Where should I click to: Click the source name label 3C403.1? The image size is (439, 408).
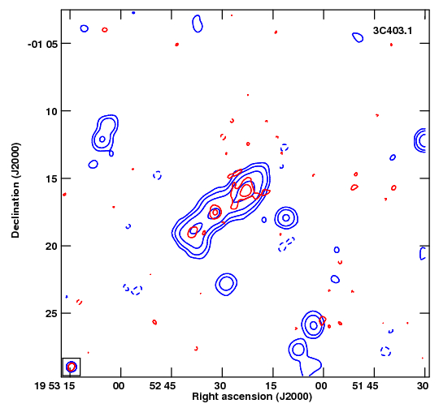tap(393, 31)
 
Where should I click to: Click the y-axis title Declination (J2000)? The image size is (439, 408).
tap(15, 190)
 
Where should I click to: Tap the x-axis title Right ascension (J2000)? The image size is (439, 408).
tap(252, 397)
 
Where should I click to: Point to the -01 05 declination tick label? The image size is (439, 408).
tap(41, 44)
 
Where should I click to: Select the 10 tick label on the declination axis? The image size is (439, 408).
tap(51, 112)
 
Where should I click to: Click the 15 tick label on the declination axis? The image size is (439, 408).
tap(51, 179)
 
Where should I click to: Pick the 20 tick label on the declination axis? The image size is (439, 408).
tap(51, 247)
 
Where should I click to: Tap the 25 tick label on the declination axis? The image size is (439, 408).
tap(51, 314)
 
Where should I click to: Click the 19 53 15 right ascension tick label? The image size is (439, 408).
tap(54, 386)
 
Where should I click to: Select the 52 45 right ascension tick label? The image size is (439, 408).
tap(163, 386)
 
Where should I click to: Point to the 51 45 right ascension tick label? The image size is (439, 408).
tap(365, 386)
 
